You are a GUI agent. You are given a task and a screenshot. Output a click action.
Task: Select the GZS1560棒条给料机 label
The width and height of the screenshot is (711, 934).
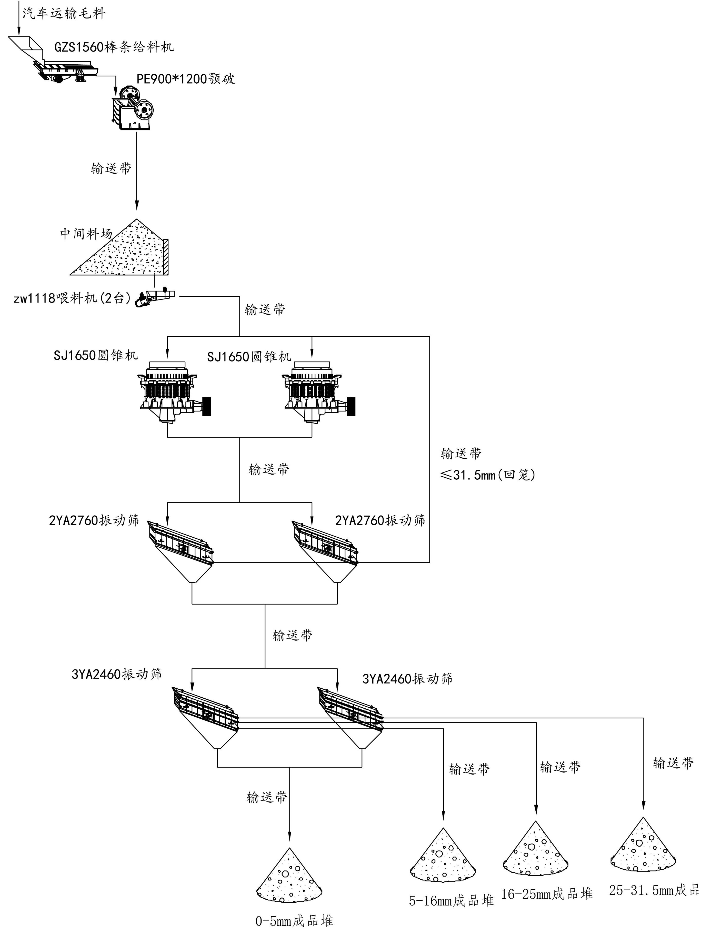click(113, 47)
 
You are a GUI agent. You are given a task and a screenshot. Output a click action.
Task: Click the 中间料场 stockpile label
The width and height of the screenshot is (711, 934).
click(86, 234)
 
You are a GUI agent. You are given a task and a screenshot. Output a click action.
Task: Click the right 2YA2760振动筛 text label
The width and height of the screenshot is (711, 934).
click(380, 520)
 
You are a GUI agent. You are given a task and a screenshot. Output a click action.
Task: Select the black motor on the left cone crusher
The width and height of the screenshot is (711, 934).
click(206, 406)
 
